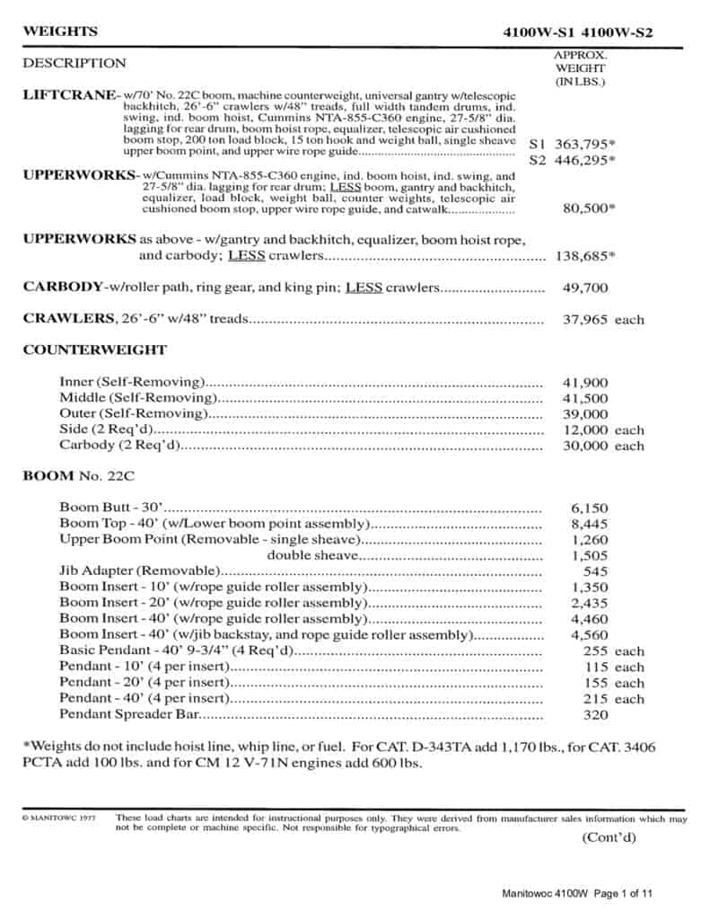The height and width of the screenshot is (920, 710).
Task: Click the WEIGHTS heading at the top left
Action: pos(60,31)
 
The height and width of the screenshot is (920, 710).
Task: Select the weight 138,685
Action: pos(583,255)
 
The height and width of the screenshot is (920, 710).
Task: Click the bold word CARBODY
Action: pos(63,287)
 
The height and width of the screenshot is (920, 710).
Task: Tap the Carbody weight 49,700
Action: pos(584,288)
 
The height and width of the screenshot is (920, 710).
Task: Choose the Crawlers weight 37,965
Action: pos(584,319)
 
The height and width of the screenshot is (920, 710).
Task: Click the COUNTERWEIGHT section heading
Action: pos(94,349)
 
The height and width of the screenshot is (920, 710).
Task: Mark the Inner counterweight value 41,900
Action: pos(584,382)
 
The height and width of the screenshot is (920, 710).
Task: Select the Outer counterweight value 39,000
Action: pos(584,414)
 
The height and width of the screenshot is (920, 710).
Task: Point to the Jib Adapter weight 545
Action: pos(595,571)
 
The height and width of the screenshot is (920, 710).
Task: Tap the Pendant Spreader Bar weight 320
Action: pos(595,715)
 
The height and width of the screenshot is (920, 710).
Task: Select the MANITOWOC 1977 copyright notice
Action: pos(58,818)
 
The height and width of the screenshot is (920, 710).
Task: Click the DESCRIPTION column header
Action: pos(75,64)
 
